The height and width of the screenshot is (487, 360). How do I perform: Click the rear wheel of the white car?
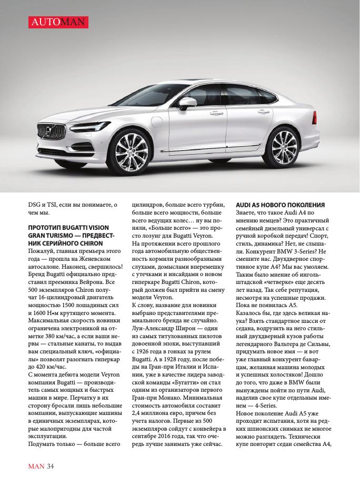coord(287,138)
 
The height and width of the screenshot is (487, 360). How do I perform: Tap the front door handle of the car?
coord(216,113)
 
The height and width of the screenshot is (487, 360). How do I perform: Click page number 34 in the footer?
coord(51,465)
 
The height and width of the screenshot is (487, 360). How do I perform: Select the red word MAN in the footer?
coord(36,465)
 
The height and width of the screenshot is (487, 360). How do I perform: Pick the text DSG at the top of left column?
coord(35,204)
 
